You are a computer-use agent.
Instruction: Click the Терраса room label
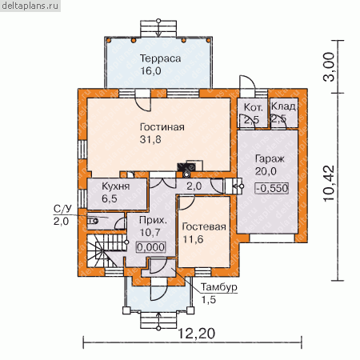[x=161, y=58]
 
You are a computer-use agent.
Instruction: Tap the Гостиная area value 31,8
[x=150, y=139]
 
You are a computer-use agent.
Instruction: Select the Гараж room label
[x=270, y=159]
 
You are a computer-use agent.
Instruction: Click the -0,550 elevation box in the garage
[x=272, y=188]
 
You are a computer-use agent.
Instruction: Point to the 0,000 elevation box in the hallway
[x=151, y=247]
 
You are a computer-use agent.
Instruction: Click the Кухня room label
[x=116, y=186]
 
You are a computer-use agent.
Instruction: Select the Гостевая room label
[x=204, y=226]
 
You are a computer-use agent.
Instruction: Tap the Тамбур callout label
[x=219, y=287]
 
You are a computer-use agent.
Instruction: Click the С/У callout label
[x=62, y=209]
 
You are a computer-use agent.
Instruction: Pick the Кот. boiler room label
[x=253, y=107]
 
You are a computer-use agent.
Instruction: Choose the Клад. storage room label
[x=283, y=106]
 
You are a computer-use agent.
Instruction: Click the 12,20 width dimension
[x=196, y=334]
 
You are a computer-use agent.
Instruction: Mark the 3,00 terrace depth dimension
[x=328, y=67]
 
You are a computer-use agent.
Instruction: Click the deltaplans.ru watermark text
[x=30, y=6]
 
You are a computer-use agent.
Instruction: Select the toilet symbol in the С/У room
[x=93, y=221]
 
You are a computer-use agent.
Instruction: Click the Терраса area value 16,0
[x=150, y=71]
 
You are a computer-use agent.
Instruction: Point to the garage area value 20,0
[x=266, y=171]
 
